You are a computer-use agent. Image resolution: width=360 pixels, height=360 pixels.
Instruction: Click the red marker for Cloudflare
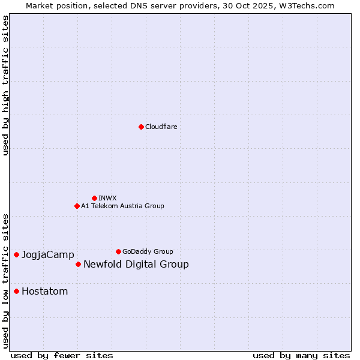(141, 127)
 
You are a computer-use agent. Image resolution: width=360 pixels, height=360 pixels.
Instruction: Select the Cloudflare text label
(161, 127)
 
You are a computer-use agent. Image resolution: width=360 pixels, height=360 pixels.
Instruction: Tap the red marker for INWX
(94, 198)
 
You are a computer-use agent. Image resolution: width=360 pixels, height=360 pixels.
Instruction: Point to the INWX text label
(107, 198)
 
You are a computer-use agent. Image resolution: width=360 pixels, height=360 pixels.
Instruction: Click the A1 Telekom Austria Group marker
(77, 206)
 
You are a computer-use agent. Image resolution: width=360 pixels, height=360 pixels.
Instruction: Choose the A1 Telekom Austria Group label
(122, 206)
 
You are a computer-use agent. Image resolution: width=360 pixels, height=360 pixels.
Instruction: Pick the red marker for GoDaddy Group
(118, 251)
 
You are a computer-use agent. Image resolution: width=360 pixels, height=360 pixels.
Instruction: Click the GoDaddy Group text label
(148, 251)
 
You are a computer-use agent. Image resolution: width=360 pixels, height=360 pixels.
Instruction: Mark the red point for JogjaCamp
(16, 254)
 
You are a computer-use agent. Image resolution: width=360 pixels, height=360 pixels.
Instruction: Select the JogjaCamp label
(48, 255)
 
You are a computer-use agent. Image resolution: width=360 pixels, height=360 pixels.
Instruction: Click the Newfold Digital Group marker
(78, 264)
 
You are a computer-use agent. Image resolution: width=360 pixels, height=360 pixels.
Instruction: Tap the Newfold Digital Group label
(136, 265)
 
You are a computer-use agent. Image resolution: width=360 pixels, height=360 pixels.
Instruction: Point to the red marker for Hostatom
(16, 291)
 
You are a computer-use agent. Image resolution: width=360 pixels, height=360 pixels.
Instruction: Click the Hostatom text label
(45, 292)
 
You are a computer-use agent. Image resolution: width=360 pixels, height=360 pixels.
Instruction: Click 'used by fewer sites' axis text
(62, 355)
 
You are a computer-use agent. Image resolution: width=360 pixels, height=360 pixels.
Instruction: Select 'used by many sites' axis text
(301, 355)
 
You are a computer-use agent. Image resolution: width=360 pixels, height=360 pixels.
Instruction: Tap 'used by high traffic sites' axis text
(6, 86)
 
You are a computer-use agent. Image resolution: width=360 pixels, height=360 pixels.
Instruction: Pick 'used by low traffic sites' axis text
(6, 281)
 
